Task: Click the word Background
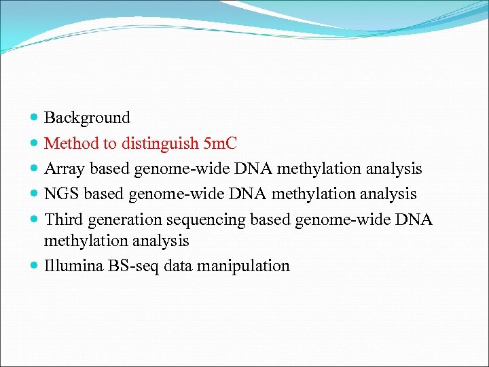[x=87, y=118]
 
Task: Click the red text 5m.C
[x=219, y=143]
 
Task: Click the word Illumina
[x=73, y=266]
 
